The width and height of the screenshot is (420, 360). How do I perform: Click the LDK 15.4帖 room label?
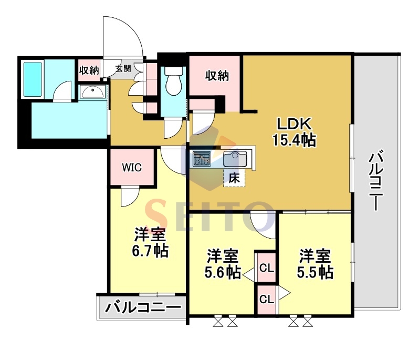pyautogui.click(x=295, y=132)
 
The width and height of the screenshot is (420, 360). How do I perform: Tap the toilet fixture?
pyautogui.click(x=173, y=81)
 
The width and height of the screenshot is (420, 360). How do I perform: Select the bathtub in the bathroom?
pyautogui.click(x=33, y=79)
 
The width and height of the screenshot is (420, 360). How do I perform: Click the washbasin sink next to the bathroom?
pyautogui.click(x=92, y=92)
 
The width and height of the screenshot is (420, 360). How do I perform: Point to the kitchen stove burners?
pyautogui.click(x=202, y=158)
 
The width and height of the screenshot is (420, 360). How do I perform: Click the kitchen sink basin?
pyautogui.click(x=235, y=158)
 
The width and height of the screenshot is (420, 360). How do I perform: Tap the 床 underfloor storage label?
pyautogui.click(x=234, y=178)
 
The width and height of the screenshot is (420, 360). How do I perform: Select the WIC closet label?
pyautogui.click(x=132, y=168)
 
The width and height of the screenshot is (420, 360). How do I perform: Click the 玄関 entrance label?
pyautogui.click(x=123, y=68)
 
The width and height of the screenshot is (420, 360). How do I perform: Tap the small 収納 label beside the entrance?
pyautogui.click(x=89, y=70)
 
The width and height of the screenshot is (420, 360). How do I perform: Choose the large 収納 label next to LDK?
pyautogui.click(x=217, y=76)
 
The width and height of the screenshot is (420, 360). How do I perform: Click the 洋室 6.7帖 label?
pyautogui.click(x=150, y=243)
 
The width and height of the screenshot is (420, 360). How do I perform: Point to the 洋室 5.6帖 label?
pyautogui.click(x=222, y=264)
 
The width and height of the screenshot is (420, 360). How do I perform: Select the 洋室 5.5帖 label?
pyautogui.click(x=315, y=264)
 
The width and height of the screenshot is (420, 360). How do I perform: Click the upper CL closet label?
pyautogui.click(x=267, y=268)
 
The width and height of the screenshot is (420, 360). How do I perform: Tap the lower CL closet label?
pyautogui.click(x=267, y=299)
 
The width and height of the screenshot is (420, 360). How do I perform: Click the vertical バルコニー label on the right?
pyautogui.click(x=376, y=180)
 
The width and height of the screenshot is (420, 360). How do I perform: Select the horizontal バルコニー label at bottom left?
pyautogui.click(x=142, y=307)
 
